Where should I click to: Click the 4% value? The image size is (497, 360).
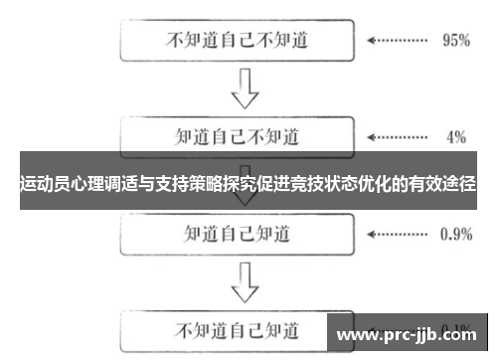(x=456, y=137)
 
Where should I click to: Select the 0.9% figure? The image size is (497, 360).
(x=455, y=234)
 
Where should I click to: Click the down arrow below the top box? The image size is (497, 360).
(x=244, y=90)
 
